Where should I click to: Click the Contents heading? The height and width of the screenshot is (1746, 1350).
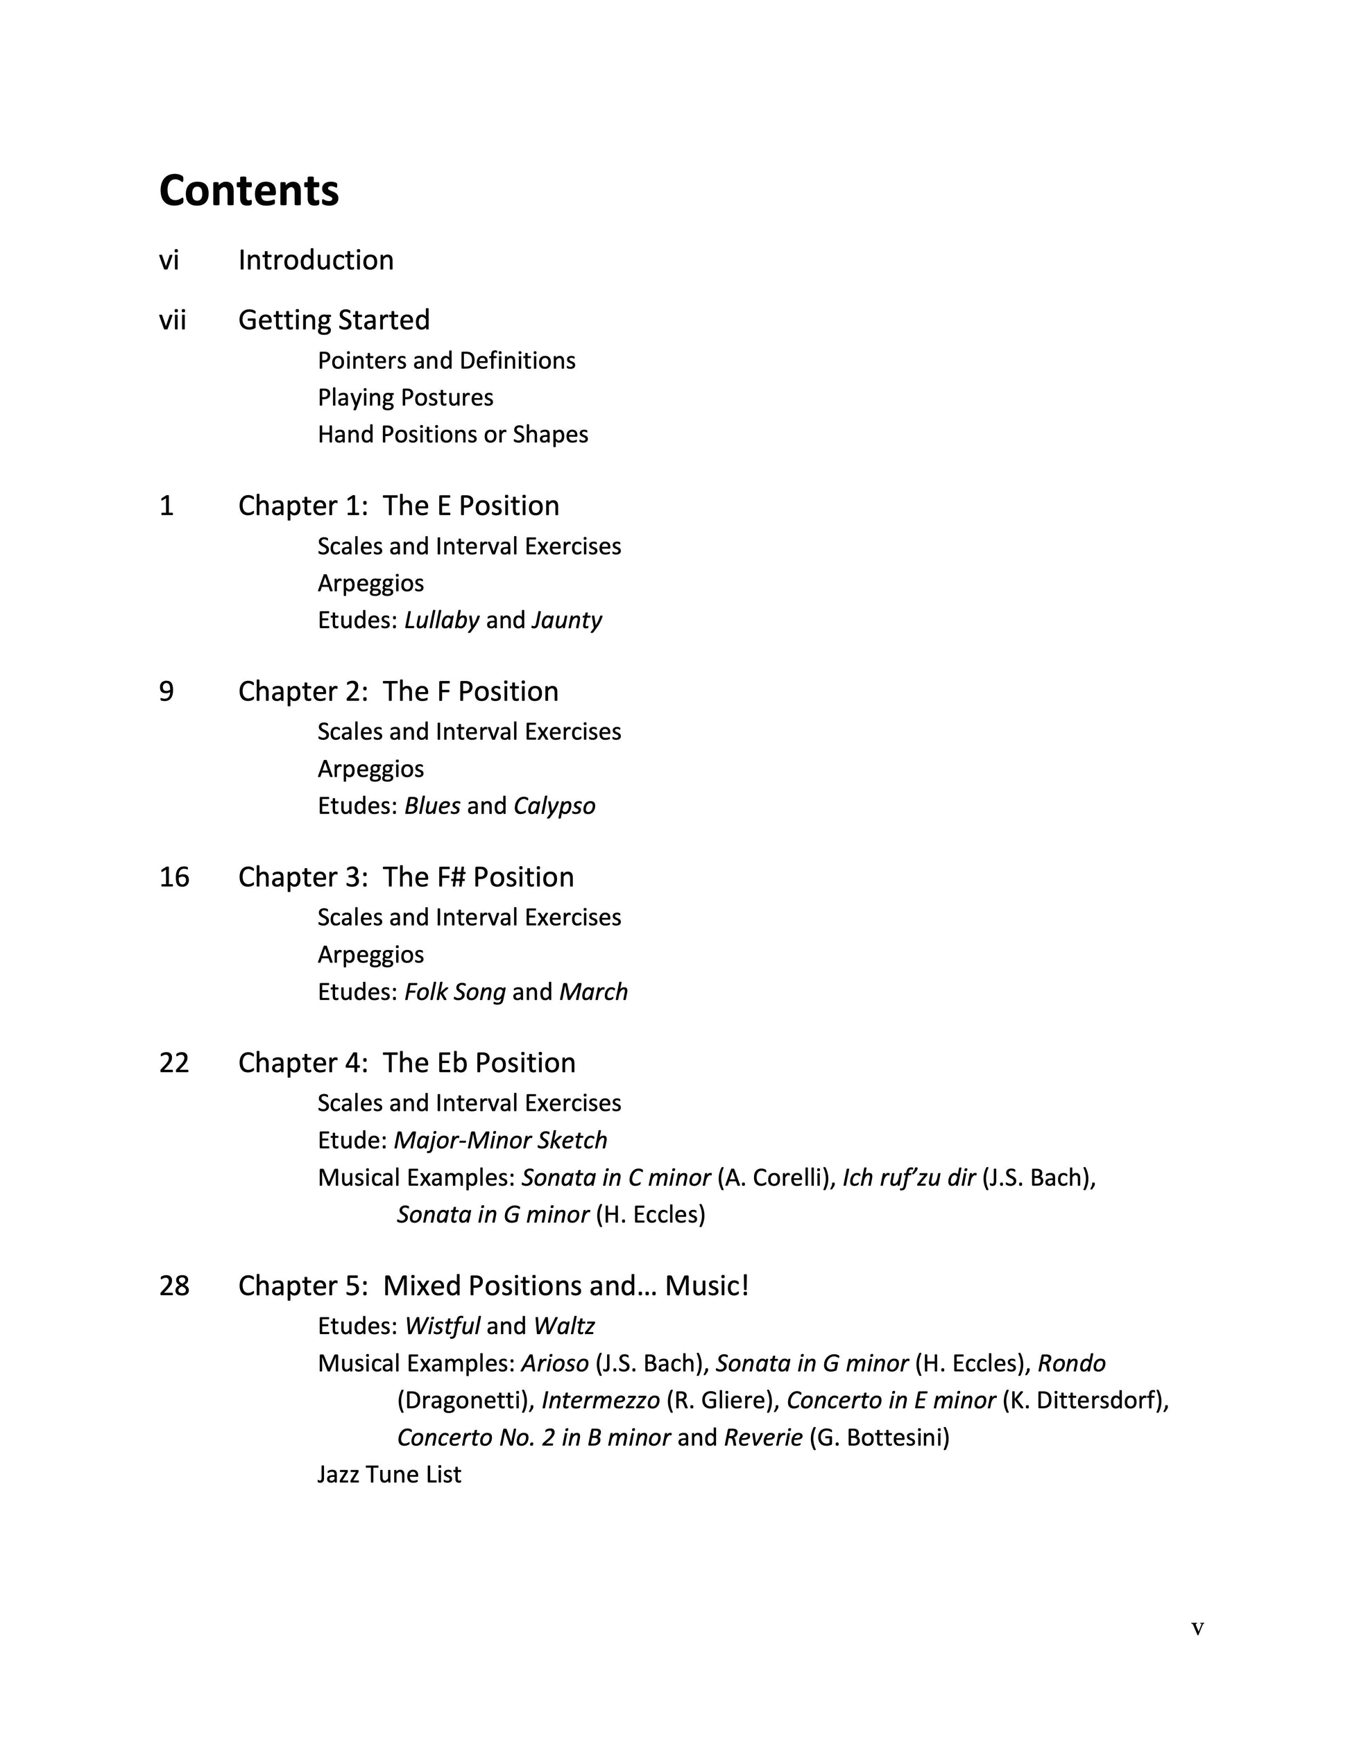coord(249,191)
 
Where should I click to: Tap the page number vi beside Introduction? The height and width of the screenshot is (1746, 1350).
coord(169,261)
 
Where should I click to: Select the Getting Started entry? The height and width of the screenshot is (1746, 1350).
coord(334,320)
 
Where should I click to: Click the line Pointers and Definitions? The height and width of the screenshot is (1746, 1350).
coord(446,361)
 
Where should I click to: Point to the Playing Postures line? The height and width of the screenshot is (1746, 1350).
coord(404,397)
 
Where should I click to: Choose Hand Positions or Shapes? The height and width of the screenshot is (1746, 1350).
coord(453,434)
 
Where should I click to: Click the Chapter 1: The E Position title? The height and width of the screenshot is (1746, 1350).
coord(398,505)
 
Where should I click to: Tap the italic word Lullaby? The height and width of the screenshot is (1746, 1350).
coord(441,620)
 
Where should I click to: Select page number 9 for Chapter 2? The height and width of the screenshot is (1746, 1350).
coord(166,691)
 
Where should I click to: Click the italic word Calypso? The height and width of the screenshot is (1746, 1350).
coord(554,805)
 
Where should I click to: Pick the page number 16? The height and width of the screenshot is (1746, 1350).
coord(174,877)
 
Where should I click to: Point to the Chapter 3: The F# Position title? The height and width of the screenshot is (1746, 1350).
coord(405,877)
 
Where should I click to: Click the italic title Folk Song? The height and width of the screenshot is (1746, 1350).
coord(454,992)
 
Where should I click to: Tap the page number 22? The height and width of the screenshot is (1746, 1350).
coord(174,1062)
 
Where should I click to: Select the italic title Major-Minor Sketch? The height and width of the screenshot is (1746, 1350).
coord(500,1140)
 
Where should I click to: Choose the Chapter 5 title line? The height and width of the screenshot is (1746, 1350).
coord(493,1286)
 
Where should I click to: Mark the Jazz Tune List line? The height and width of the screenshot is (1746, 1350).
coord(388,1474)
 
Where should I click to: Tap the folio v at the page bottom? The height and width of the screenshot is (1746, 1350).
coord(1197,1629)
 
